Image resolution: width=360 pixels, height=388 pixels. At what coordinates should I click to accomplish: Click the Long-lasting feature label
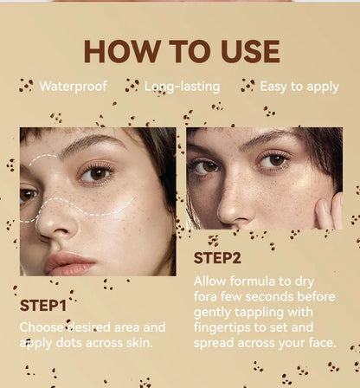(x=182, y=87)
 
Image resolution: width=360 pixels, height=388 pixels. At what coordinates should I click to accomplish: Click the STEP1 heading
(x=44, y=305)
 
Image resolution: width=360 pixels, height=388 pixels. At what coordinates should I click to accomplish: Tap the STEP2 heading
(x=218, y=257)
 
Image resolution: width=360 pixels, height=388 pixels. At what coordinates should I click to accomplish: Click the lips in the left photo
(x=69, y=262)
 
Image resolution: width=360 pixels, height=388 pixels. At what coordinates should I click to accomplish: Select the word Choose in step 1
(x=42, y=327)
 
